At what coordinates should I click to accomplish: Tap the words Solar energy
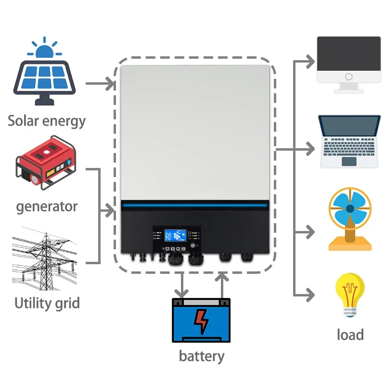(x=46, y=120)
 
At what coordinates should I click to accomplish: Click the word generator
(x=47, y=207)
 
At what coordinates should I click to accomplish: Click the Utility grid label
(x=47, y=304)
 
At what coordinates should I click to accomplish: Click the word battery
(x=201, y=357)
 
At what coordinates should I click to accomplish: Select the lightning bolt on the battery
(x=201, y=322)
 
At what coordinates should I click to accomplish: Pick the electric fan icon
(x=350, y=219)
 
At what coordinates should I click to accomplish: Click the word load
(x=350, y=334)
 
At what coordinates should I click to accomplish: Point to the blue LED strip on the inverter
(x=195, y=206)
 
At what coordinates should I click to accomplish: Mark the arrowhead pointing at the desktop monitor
(x=310, y=61)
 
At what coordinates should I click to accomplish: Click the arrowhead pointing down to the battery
(x=182, y=293)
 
